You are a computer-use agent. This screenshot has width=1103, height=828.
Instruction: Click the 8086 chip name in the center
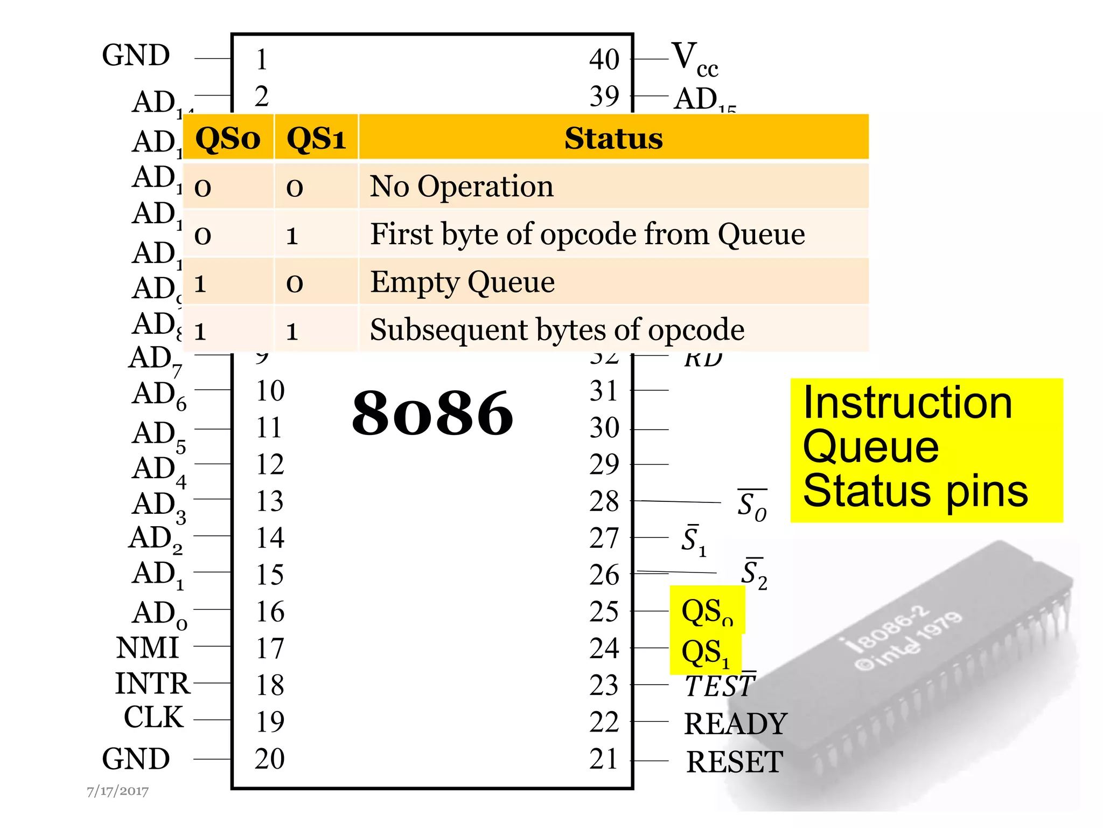(x=432, y=413)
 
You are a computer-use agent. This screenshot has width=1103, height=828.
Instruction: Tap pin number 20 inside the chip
(x=269, y=759)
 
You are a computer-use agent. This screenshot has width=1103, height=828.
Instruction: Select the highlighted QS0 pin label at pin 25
(x=707, y=612)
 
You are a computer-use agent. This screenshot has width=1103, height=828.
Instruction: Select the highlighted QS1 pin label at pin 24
(x=705, y=653)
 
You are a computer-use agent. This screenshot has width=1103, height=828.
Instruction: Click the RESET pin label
(x=734, y=762)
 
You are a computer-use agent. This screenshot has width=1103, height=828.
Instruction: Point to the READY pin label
(x=735, y=723)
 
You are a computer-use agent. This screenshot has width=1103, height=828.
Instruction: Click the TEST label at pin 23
(x=720, y=686)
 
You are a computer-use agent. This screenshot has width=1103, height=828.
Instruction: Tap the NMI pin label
(x=147, y=647)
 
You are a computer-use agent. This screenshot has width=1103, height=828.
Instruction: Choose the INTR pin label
(x=152, y=684)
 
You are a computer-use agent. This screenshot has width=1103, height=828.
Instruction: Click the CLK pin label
(x=153, y=718)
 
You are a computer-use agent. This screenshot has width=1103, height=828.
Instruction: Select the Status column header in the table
(x=613, y=139)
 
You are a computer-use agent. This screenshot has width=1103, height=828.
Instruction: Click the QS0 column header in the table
(x=228, y=139)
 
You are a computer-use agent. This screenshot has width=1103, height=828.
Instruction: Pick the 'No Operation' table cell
(x=462, y=187)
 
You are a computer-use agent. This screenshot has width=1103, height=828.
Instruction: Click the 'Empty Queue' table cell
(x=462, y=282)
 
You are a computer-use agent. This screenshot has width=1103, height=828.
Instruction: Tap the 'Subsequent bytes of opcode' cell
(x=557, y=329)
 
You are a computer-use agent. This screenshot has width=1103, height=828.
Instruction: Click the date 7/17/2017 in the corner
(x=117, y=791)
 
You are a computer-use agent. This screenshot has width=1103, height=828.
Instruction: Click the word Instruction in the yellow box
(x=907, y=403)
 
